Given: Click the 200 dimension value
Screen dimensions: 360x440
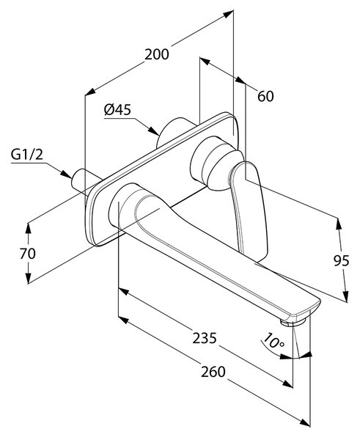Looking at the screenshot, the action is point(157,54).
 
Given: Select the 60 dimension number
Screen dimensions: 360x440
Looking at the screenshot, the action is point(265,96).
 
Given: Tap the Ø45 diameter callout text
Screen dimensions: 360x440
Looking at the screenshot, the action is point(117,109).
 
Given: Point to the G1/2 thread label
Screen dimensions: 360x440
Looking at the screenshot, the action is point(27,154).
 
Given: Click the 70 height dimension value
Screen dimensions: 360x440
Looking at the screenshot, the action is point(28,254).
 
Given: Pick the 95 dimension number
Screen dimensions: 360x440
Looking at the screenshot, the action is point(342,260).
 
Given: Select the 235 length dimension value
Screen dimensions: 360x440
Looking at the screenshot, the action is point(205,338).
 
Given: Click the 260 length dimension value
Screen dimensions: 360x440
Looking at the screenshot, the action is point(213,372).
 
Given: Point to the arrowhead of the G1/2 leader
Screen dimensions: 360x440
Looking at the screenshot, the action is point(66,174).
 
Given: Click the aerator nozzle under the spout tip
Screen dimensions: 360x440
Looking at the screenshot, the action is point(293,323).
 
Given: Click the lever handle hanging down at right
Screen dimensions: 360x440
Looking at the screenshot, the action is point(249,209).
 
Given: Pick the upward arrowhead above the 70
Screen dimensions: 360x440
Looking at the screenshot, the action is point(28,229).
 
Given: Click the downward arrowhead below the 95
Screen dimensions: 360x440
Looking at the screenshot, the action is point(346,296).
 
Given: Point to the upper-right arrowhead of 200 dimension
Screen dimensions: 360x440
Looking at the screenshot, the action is point(229,14).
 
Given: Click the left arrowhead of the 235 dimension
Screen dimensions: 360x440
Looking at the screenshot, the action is point(124,291).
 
